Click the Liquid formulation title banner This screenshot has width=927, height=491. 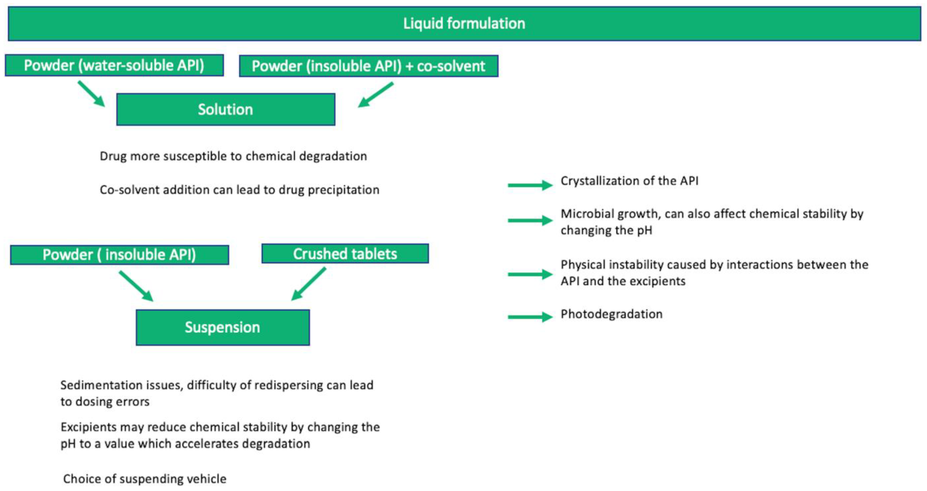[464, 24]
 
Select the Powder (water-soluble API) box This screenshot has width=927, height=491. [114, 65]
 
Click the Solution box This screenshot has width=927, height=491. [226, 109]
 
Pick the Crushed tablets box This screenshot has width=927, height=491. [345, 254]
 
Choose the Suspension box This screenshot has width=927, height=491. [223, 327]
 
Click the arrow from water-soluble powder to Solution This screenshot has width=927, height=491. [92, 93]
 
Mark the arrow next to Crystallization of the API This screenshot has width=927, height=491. [530, 185]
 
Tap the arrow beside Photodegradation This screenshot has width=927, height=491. [530, 317]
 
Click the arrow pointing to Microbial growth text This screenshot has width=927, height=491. [530, 221]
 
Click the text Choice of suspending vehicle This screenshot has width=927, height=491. [145, 479]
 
